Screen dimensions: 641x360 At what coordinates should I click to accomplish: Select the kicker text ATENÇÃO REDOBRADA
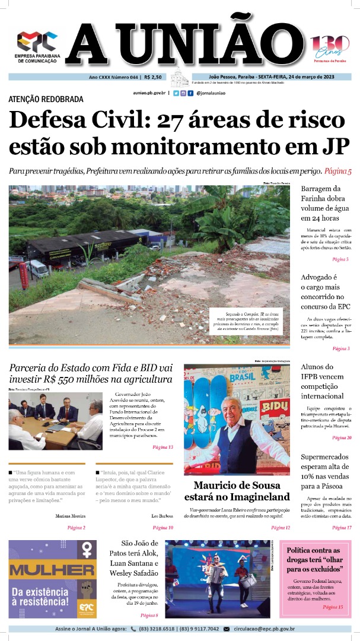pyautogui.click(x=46, y=99)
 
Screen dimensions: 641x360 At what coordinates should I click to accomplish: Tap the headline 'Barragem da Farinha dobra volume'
pyautogui.click(x=325, y=203)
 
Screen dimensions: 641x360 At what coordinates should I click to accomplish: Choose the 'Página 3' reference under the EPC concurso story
pyautogui.click(x=341, y=348)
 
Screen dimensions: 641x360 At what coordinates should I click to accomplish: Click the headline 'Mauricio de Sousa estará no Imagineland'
pyautogui.click(x=237, y=491)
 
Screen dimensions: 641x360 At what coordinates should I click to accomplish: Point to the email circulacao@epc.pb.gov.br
pyautogui.click(x=265, y=629)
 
